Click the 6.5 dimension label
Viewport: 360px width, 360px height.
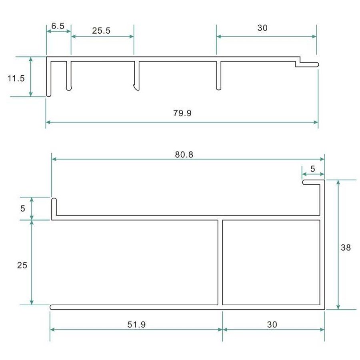pos(58,26)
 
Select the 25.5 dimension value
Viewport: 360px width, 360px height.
pos(101,31)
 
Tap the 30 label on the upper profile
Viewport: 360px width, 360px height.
pos(262,28)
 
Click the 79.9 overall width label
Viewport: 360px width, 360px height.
pos(182,113)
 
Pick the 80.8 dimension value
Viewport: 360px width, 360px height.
pos(184,154)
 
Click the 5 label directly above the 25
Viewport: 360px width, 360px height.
pos(22,208)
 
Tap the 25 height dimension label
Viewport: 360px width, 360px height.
pos(22,265)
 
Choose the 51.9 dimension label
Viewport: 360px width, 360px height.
pos(136,324)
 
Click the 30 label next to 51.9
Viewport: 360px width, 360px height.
pos(272,324)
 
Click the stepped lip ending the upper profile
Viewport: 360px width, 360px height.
pos(307,64)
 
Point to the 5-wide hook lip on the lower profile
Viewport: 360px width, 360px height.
pos(312,182)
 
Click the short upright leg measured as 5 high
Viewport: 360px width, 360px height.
pos(54,207)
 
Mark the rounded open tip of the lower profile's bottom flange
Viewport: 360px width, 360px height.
pos(53,307)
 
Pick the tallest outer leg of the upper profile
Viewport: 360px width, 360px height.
pos(48,78)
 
